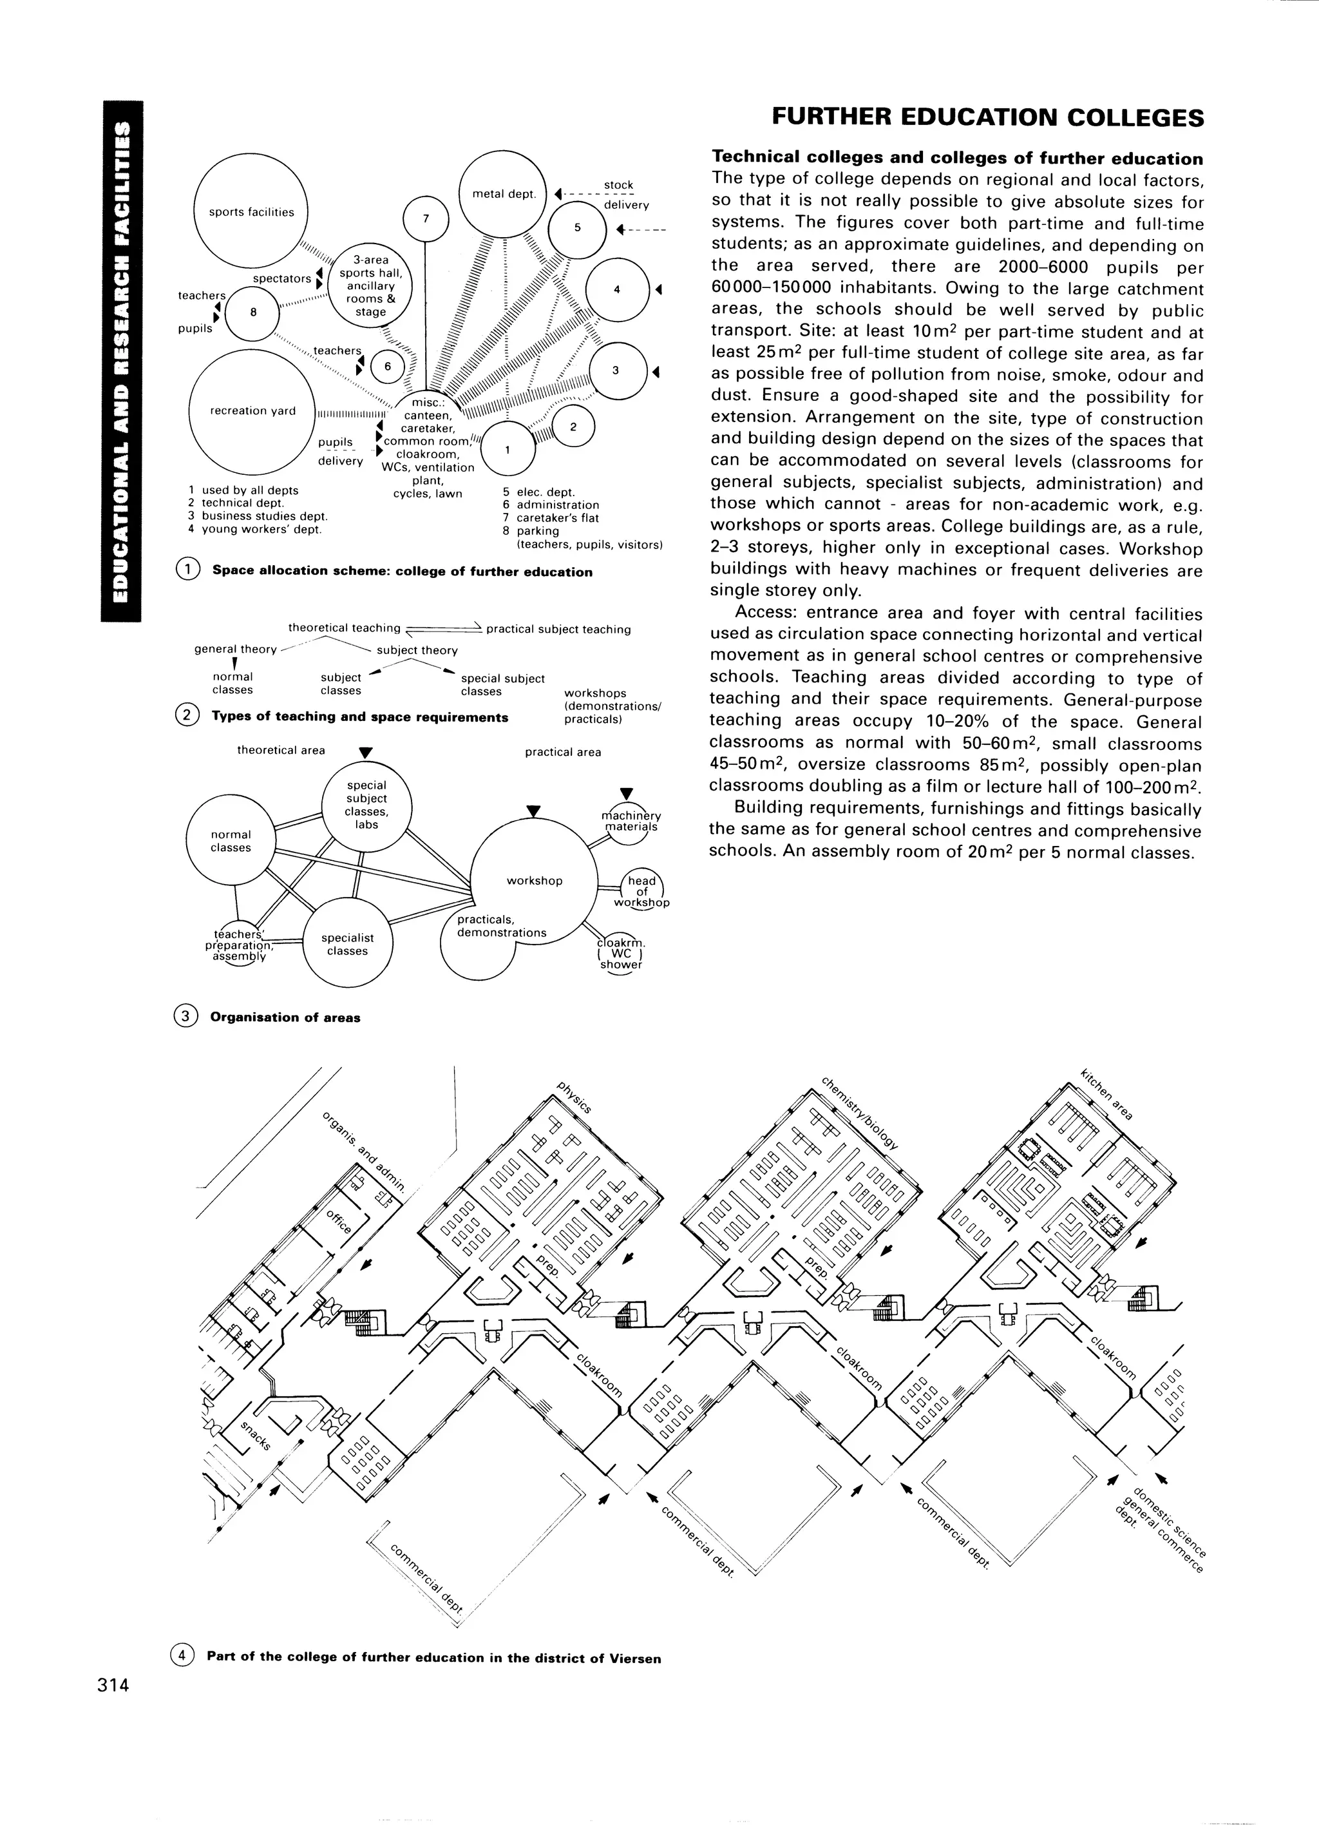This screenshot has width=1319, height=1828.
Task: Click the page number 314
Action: (113, 1686)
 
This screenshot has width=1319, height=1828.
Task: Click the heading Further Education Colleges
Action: (987, 119)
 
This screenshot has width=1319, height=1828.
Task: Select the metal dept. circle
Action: (504, 194)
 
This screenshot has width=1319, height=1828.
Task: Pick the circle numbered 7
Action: (426, 218)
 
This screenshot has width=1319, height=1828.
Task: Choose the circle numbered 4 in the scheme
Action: (616, 289)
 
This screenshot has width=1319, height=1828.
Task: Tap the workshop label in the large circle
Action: (534, 881)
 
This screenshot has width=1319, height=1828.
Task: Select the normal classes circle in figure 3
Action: (231, 841)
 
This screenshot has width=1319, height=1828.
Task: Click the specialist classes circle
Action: (347, 944)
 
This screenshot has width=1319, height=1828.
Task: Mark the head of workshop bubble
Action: (641, 890)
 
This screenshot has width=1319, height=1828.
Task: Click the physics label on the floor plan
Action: (574, 1098)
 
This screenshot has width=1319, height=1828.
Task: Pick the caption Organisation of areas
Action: (285, 1017)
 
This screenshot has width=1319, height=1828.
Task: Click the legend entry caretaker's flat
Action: (556, 518)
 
